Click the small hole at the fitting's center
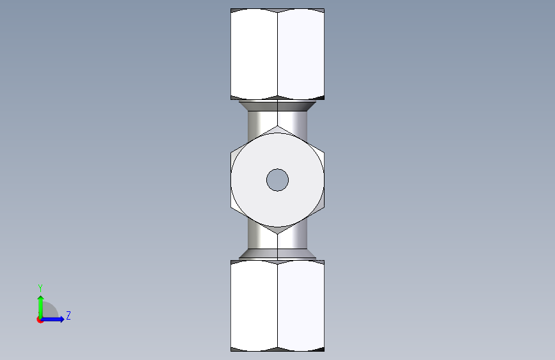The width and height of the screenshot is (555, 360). (x=278, y=180)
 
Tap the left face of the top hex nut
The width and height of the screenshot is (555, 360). (x=254, y=54)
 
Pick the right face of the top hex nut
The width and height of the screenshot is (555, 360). (x=301, y=54)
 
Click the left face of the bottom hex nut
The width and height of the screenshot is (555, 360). (x=254, y=306)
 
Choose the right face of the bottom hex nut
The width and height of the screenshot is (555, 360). (x=301, y=306)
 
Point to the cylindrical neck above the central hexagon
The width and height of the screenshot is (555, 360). (x=278, y=120)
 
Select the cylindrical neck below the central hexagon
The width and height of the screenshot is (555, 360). (x=278, y=239)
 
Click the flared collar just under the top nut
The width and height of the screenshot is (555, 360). (x=278, y=106)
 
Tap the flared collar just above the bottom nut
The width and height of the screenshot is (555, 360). (x=278, y=254)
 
